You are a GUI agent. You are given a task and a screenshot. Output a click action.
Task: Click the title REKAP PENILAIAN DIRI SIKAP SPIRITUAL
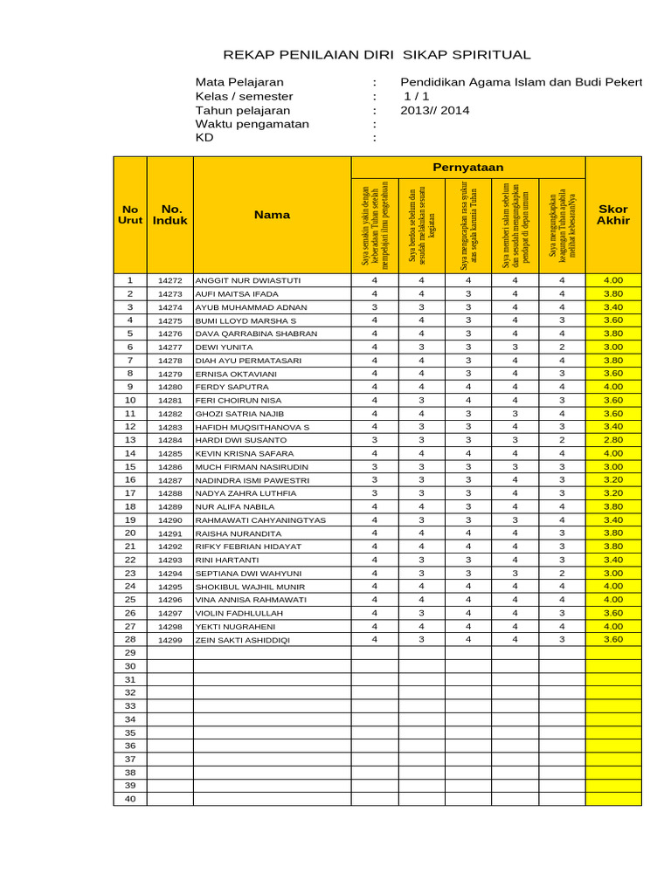[377, 55]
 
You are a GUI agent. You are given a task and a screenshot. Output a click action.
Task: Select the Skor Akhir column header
[612, 215]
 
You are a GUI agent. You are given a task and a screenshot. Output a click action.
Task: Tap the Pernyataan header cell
[467, 167]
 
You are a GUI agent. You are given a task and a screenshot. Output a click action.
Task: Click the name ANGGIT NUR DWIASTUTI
[248, 280]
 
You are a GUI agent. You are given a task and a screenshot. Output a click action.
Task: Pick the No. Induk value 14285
[169, 453]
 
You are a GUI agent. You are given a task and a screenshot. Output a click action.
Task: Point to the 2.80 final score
[612, 440]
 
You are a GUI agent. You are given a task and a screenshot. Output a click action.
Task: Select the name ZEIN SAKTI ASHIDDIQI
[243, 640]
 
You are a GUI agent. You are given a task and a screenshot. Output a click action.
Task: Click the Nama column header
[272, 215]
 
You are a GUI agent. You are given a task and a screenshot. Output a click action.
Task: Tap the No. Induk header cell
[169, 215]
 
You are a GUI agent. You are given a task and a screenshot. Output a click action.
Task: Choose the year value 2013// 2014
[434, 111]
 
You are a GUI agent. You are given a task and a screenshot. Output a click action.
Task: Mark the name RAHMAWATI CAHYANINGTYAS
[260, 520]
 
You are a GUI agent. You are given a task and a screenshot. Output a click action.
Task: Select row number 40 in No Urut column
[130, 799]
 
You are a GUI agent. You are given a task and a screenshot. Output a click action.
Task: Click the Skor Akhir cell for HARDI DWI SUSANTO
[612, 440]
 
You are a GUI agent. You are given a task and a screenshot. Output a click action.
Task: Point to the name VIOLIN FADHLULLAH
[240, 613]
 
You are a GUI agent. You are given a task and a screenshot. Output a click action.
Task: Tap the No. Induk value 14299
[169, 640]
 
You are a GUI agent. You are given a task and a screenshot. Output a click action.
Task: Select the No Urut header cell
[130, 215]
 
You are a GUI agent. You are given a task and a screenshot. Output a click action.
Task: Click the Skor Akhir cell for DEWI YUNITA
[612, 347]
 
